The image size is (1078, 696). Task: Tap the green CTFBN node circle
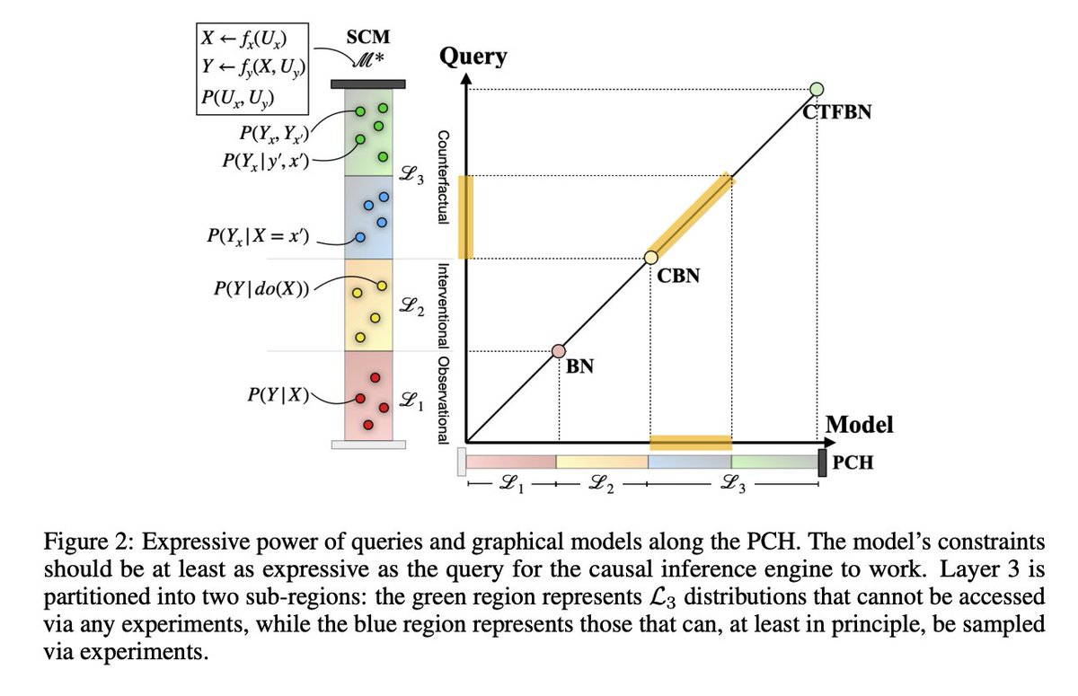tap(817, 89)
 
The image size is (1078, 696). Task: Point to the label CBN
tap(678, 277)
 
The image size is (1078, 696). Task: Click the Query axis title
tap(473, 57)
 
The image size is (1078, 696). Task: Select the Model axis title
tap(859, 424)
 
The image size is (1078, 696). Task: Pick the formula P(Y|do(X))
tap(257, 290)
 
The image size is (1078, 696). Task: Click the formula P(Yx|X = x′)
tap(257, 240)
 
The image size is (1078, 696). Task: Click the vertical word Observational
tap(442, 395)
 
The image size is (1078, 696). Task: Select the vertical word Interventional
tap(442, 304)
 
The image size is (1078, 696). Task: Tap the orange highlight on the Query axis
tap(465, 216)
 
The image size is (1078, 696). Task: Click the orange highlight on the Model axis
tap(691, 441)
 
